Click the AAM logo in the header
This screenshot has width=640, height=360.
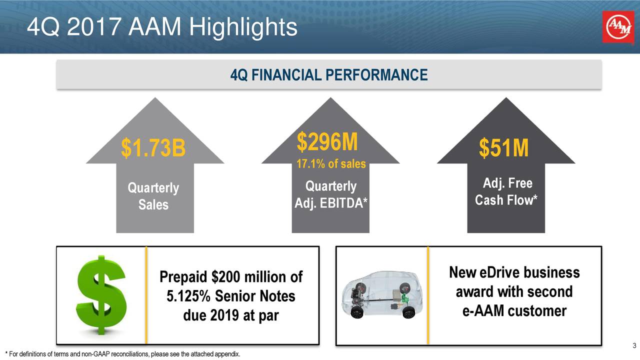pos(617,28)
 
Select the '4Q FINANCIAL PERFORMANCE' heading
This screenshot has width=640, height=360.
pos(329,75)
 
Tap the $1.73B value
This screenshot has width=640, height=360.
pos(153,148)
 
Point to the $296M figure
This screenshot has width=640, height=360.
pos(327,142)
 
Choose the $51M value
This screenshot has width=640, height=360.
pos(503,148)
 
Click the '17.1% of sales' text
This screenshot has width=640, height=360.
pos(331,164)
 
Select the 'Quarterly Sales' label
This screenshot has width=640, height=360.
pos(153,196)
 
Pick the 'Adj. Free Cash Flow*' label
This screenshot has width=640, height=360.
pos(506,191)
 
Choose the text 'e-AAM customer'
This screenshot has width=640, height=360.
pos(514,311)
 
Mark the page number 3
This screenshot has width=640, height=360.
pos(633,346)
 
